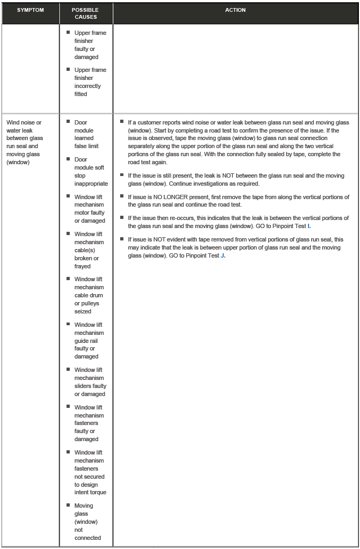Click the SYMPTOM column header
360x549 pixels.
[x=30, y=10]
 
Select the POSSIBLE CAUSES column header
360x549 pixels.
[x=86, y=13]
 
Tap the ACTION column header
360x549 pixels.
[x=236, y=10]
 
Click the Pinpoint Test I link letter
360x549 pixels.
[x=309, y=226]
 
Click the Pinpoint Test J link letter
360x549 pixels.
[x=223, y=255]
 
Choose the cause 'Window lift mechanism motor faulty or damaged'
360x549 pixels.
[x=89, y=209]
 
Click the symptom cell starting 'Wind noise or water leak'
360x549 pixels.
[x=25, y=142]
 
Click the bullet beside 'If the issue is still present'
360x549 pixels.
[x=122, y=175]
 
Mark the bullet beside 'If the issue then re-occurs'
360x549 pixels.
[x=122, y=217]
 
